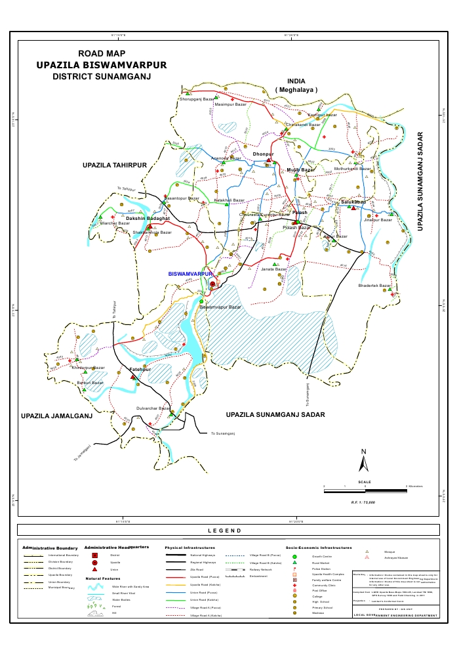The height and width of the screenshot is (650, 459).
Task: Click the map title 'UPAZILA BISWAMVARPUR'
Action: click(102, 65)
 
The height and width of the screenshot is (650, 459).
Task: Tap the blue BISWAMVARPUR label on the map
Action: click(191, 273)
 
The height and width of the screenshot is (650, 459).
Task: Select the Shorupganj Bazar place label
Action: click(197, 100)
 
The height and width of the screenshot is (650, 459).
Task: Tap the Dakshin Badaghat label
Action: click(148, 218)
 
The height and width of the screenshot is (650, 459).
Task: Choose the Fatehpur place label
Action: click(141, 370)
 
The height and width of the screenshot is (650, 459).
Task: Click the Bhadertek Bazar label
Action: click(374, 286)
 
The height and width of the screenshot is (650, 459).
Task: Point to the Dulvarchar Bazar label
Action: click(153, 408)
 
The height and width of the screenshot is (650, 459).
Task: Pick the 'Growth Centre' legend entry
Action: click(321, 556)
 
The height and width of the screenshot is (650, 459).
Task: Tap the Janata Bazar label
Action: click(274, 269)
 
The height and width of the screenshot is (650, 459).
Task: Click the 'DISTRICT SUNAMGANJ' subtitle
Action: click(102, 77)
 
